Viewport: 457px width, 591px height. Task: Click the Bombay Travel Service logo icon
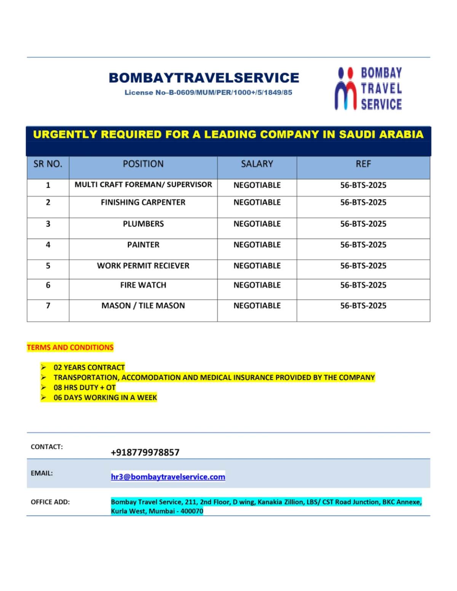point(345,89)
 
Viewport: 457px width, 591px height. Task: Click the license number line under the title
point(208,92)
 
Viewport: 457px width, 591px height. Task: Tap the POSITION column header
point(143,164)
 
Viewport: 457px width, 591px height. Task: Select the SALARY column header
point(257,164)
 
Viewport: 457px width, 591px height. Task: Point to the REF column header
point(363,164)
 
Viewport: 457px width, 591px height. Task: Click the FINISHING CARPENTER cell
point(143,202)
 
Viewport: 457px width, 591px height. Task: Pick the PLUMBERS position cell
point(143,224)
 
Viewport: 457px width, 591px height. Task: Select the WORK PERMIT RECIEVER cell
point(143,266)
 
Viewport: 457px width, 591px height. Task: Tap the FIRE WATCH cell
point(143,285)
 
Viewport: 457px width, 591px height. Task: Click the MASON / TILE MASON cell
point(143,306)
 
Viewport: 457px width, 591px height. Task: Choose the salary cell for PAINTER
point(257,245)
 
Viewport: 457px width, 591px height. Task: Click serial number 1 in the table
point(48,185)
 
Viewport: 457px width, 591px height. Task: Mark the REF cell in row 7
point(363,306)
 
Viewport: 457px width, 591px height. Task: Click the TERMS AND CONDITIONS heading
point(70,347)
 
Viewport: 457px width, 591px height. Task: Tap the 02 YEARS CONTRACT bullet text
point(89,368)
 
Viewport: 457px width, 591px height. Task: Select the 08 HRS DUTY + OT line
point(85,387)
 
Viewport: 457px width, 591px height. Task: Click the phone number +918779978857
point(145,452)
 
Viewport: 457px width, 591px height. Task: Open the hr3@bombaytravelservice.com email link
point(168,477)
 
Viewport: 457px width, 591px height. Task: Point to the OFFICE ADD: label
point(50,502)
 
